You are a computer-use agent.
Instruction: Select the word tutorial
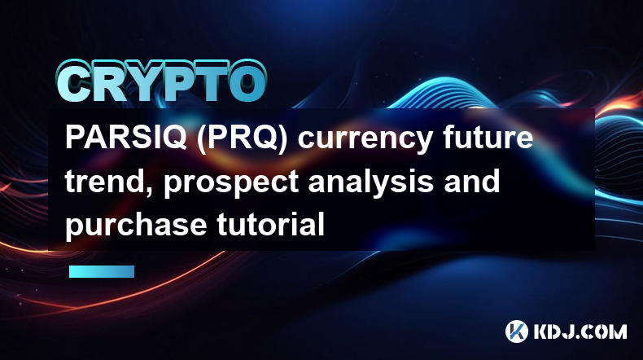tap(271, 224)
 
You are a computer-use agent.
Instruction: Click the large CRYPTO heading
tap(161, 81)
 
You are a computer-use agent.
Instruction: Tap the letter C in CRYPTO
tap(73, 81)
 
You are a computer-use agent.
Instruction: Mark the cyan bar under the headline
tap(102, 271)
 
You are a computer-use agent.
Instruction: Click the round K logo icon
tap(517, 331)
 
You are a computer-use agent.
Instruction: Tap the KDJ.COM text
tap(580, 331)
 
